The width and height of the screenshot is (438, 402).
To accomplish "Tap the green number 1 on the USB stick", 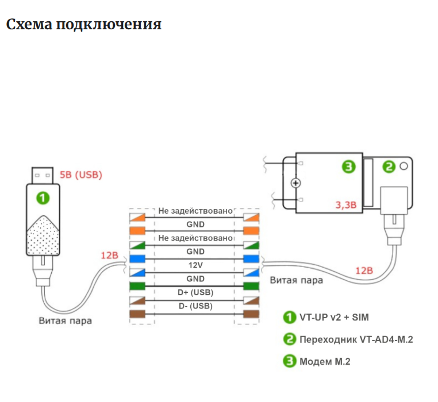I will point(43,198).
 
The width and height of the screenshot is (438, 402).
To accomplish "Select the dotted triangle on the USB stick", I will point(43,235).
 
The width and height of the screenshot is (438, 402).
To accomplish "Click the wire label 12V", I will point(195,265).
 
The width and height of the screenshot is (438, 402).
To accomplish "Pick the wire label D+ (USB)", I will point(195,292).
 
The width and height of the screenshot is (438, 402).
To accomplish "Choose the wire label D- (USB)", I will point(195,306).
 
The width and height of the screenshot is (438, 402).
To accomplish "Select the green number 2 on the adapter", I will point(389,167).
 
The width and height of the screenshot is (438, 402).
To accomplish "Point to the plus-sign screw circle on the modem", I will point(297,183).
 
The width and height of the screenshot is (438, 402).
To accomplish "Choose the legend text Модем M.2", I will point(325,361).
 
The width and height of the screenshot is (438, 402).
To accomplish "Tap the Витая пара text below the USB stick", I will point(65,320).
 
